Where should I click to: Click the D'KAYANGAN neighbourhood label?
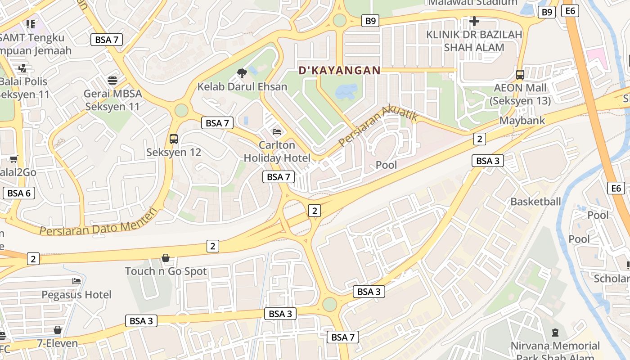pyautogui.click(x=340, y=70)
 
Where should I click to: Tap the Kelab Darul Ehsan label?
pyautogui.click(x=242, y=86)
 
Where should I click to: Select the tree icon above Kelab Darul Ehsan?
pyautogui.click(x=242, y=73)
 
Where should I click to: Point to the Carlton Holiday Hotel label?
pyautogui.click(x=277, y=151)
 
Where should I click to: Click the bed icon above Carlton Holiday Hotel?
pyautogui.click(x=277, y=131)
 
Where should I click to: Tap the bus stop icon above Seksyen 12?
pyautogui.click(x=174, y=139)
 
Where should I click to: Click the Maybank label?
pyautogui.click(x=522, y=121)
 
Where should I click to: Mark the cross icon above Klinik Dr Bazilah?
pyautogui.click(x=474, y=21)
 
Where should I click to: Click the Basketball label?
pyautogui.click(x=535, y=202)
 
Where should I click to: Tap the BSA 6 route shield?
pyautogui.click(x=19, y=193)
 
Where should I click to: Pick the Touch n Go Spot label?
pyautogui.click(x=166, y=271)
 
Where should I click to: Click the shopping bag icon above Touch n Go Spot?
pyautogui.click(x=166, y=258)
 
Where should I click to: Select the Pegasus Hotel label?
pyautogui.click(x=76, y=295)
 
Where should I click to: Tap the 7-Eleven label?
pyautogui.click(x=58, y=343)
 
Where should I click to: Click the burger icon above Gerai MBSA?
pyautogui.click(x=112, y=80)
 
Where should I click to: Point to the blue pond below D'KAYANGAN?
pyautogui.click(x=346, y=91)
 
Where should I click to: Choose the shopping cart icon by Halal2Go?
pyautogui.click(x=14, y=159)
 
